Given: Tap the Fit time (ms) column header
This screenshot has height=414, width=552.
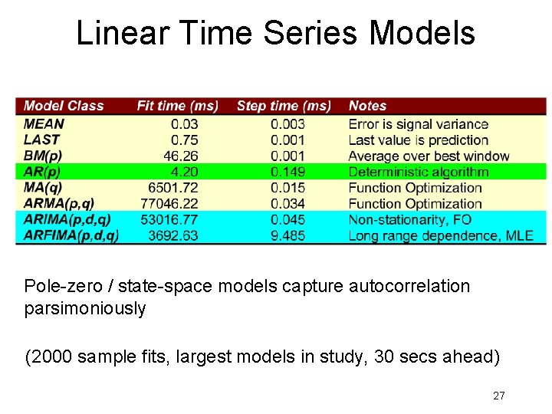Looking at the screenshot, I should (177, 106).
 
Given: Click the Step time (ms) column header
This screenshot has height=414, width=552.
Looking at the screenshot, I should (284, 106).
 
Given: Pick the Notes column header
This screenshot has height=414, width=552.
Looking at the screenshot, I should (367, 106).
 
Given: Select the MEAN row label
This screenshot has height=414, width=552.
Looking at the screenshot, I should (44, 123).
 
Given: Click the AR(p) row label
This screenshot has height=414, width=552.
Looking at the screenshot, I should (43, 172).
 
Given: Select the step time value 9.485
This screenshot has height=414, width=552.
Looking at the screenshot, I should (287, 235).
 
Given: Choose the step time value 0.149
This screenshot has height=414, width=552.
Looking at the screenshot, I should (287, 172).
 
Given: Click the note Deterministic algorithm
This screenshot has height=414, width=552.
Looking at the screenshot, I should (418, 172).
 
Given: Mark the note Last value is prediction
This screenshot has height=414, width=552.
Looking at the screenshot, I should (418, 140).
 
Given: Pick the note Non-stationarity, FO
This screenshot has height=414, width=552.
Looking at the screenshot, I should (409, 219).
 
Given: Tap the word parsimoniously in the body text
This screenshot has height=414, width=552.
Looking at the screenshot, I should (85, 309).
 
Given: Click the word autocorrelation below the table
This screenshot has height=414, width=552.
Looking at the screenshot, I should (409, 286).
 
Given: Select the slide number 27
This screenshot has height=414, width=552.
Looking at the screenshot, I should (498, 396).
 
